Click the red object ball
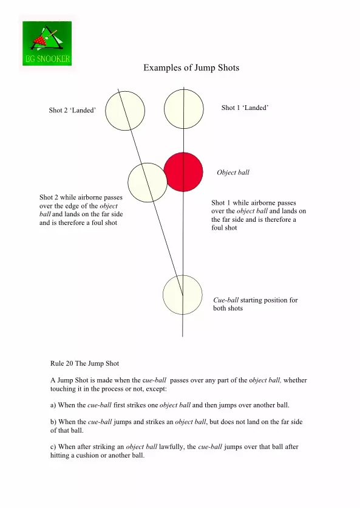click(x=183, y=172)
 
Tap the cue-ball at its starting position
click(x=183, y=295)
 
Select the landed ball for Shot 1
click(x=184, y=109)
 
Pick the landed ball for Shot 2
click(x=125, y=111)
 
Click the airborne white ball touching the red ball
click(x=148, y=182)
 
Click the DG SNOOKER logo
click(x=47, y=43)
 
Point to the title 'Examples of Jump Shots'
click(x=191, y=67)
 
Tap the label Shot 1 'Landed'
click(x=245, y=108)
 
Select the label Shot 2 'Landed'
click(x=72, y=110)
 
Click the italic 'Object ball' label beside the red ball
click(x=233, y=173)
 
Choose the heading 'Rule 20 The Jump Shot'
click(x=84, y=363)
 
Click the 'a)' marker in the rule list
click(x=53, y=405)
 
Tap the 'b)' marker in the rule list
click(x=53, y=422)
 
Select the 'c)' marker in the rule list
click(x=53, y=447)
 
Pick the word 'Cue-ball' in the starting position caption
click(x=226, y=300)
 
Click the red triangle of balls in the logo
click(x=40, y=41)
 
